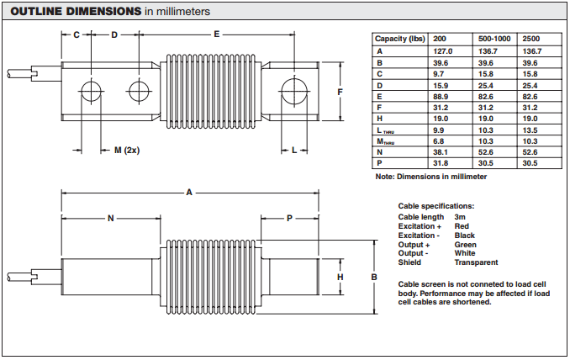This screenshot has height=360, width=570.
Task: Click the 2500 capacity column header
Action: coord(531,40)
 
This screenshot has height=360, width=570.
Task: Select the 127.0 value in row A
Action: coord(442,51)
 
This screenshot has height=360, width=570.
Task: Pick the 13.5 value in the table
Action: coord(530,130)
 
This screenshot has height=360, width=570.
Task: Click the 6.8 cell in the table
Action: coord(438,141)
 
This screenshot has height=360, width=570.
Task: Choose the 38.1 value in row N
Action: coord(441,152)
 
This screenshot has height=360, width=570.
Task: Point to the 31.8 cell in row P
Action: coord(441,163)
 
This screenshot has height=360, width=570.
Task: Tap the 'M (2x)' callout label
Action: coord(127,151)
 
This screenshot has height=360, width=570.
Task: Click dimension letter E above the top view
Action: coord(217,34)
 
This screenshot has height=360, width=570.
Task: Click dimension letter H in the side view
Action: coord(340,277)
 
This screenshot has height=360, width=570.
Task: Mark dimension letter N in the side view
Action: coord(110,218)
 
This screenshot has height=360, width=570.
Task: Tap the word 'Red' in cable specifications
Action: coord(461,226)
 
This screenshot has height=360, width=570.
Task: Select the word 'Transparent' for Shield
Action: coord(476,262)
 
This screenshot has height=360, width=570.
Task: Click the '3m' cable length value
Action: coord(460,217)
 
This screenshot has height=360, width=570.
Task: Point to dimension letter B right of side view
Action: coord(374,277)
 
